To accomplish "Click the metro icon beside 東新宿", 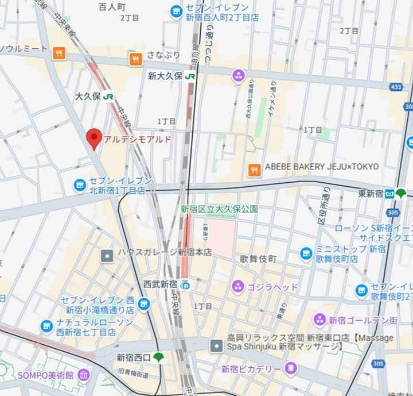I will (389, 193).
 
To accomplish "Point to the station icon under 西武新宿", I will (185, 284).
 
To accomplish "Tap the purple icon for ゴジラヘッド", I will (237, 286).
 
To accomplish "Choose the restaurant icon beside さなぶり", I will (136, 58).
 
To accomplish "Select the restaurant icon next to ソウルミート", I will (59, 54).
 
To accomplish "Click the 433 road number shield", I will (395, 87).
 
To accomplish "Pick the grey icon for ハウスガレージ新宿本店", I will (107, 255).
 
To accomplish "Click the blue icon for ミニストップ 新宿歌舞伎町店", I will (306, 253).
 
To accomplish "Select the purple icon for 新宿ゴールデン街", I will (320, 320).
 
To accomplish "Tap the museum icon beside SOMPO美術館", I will (84, 375).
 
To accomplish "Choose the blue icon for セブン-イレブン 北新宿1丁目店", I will (79, 185).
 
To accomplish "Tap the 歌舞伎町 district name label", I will (258, 259).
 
